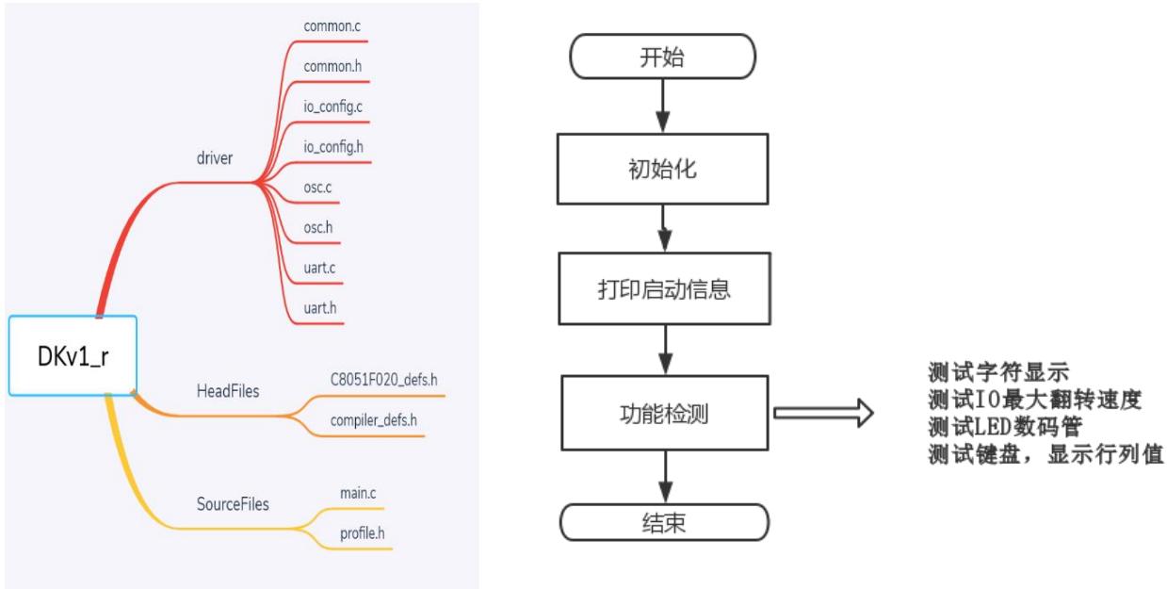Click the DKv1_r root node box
[73, 355]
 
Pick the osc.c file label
[319, 188]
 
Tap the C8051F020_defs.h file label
[382, 382]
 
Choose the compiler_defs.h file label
[374, 421]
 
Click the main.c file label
[358, 493]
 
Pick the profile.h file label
[363, 533]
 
